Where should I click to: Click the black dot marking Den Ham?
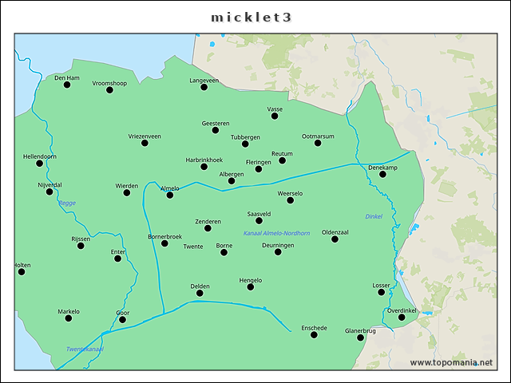(67, 85)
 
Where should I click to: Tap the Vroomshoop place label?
(109, 83)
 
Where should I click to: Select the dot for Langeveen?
(204, 87)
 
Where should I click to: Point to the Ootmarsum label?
(318, 136)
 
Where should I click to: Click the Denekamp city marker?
(382, 174)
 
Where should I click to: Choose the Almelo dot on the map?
(169, 195)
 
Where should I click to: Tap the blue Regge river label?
(67, 203)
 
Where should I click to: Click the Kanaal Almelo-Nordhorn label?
(276, 233)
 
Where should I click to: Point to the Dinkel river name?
(374, 216)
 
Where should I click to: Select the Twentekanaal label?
(85, 349)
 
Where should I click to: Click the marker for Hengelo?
(251, 286)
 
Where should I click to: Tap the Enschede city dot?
(314, 334)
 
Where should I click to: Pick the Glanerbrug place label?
(360, 330)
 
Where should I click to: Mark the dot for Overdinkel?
(402, 318)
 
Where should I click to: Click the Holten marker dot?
(22, 271)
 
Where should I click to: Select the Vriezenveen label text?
(145, 136)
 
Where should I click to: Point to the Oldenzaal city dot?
(335, 239)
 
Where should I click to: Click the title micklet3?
(255, 17)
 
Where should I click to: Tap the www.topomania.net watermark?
(451, 363)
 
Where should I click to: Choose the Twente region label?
(193, 247)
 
